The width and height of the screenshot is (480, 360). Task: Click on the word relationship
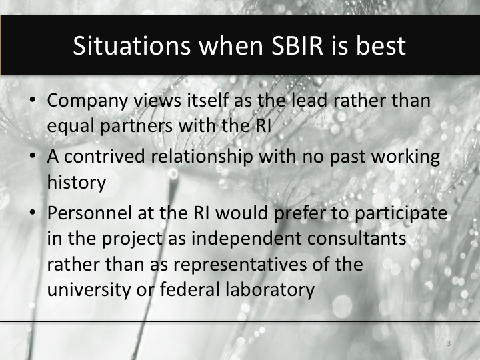tap(204, 159)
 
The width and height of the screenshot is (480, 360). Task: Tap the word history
tap(76, 181)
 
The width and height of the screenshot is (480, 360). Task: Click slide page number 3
tap(449, 343)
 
